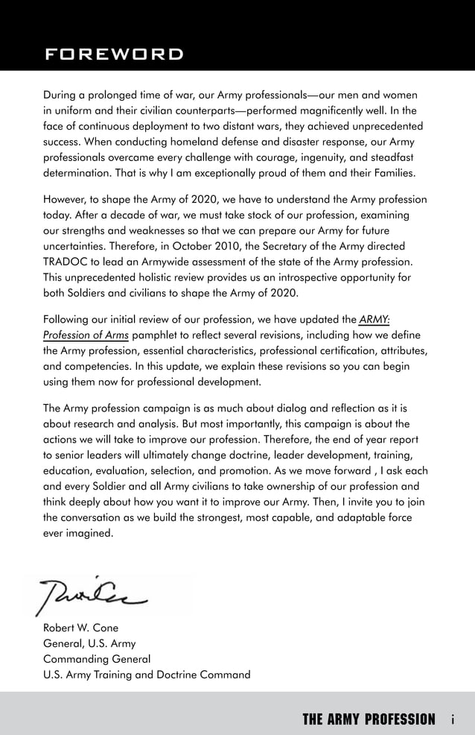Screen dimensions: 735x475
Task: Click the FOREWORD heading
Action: click(113, 54)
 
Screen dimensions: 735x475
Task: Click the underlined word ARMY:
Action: click(374, 320)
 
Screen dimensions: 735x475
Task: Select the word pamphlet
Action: click(154, 335)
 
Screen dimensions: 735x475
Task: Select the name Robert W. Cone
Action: click(80, 628)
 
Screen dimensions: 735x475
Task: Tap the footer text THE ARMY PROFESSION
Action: click(369, 719)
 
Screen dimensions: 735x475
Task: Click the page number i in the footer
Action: click(453, 719)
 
